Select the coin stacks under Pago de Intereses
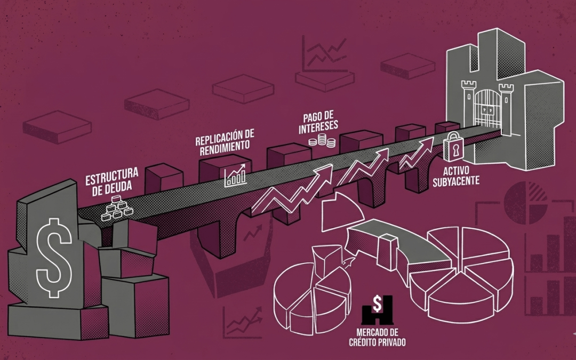pyautogui.click(x=323, y=141)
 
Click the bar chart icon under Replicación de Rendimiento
pyautogui.click(x=235, y=175)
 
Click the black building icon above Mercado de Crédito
pyautogui.click(x=377, y=309)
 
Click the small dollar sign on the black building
pyautogui.click(x=377, y=303)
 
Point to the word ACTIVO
pyautogui.click(x=456, y=172)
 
